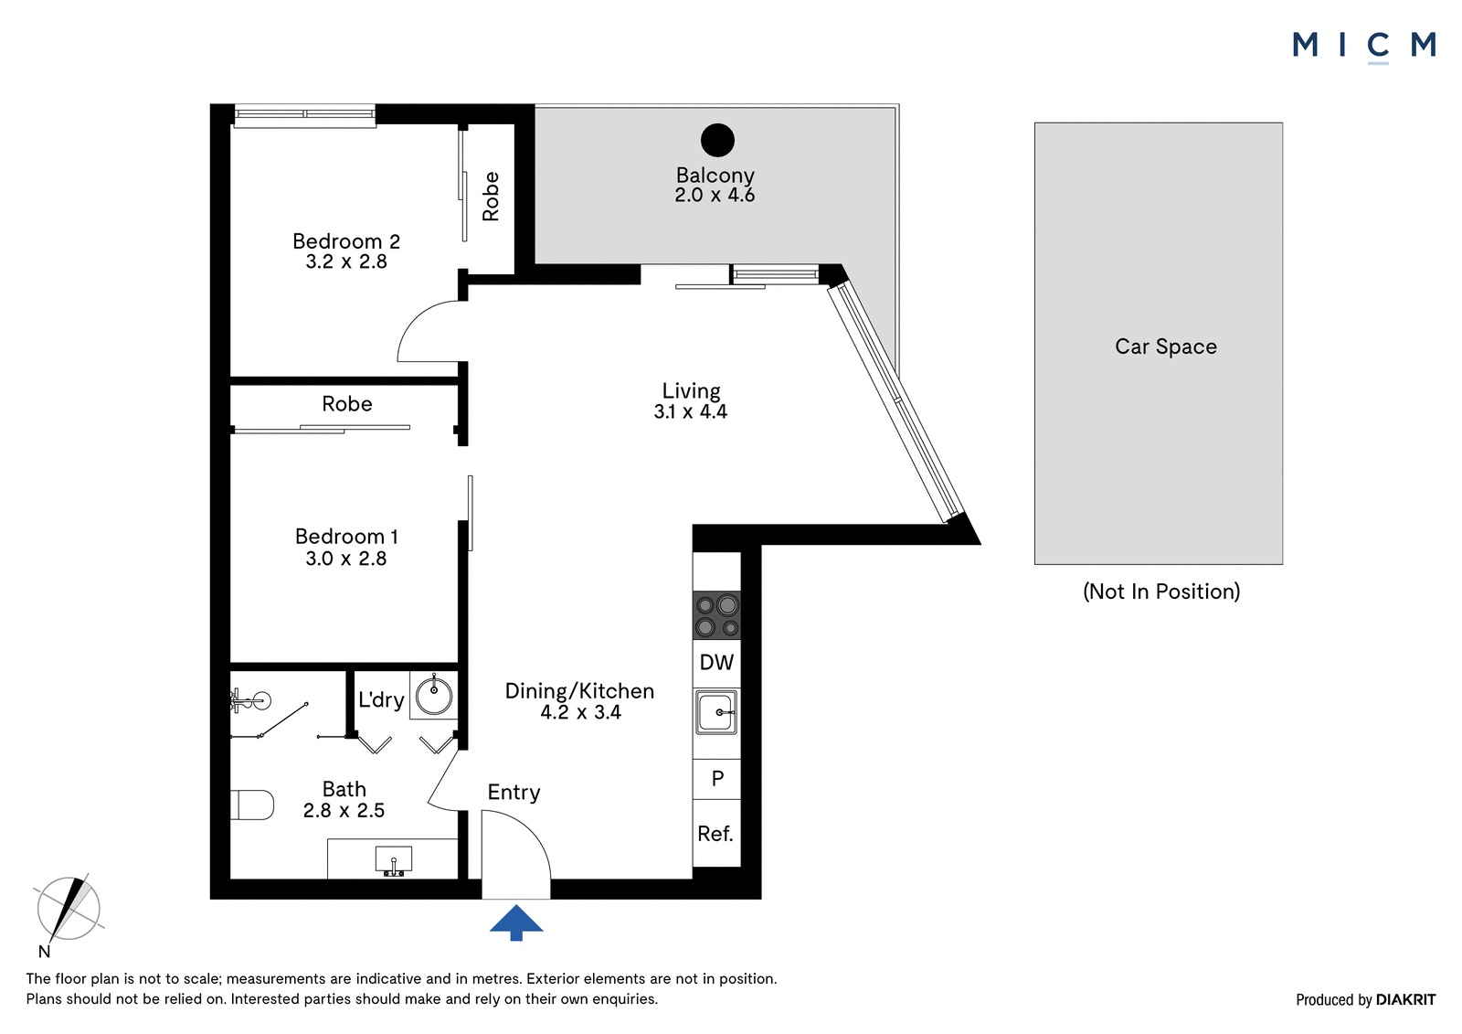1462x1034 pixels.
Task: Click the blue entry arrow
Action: tap(516, 922)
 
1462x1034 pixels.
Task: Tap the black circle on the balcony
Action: tap(717, 140)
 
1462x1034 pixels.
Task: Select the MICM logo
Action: tap(1363, 45)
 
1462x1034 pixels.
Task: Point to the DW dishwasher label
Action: tap(716, 663)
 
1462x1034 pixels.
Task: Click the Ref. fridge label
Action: tap(715, 834)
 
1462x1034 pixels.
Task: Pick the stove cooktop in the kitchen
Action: tap(716, 615)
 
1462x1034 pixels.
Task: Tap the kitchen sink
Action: tap(716, 712)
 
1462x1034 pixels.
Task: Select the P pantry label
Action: tap(717, 778)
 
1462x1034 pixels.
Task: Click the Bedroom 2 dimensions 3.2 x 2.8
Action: tap(346, 262)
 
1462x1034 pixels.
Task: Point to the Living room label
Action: tap(691, 391)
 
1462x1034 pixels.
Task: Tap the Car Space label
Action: tap(1166, 346)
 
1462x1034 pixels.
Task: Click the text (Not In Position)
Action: tap(1161, 592)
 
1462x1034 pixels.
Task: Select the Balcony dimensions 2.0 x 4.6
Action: tap(715, 195)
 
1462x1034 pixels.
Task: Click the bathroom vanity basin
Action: tap(394, 859)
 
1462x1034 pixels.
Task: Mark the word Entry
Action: tap(514, 793)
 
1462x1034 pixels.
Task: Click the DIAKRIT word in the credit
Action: tap(1405, 1000)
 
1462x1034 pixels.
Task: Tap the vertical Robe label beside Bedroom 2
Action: tap(491, 197)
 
